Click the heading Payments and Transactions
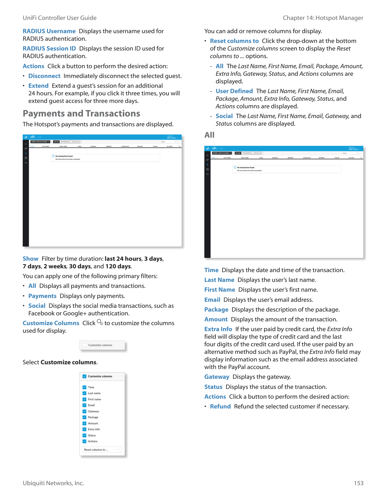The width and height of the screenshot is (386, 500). point(81,114)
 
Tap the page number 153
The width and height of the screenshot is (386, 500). point(358,483)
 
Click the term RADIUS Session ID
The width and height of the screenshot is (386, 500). point(49,49)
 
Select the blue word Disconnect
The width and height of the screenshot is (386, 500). point(44,76)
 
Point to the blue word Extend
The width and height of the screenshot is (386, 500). point(38,86)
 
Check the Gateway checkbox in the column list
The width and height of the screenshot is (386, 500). point(85,411)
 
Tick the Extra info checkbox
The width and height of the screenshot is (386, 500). point(85,429)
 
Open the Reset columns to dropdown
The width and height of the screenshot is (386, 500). point(102,450)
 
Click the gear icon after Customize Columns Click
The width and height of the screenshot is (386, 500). point(100,322)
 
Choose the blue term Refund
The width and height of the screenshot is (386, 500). point(220,407)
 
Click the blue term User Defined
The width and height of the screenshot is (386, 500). point(234,91)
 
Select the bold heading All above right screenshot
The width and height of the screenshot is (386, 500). point(209,135)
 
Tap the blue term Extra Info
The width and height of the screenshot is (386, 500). point(218,329)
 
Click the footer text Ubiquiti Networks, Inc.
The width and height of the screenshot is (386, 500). point(53,483)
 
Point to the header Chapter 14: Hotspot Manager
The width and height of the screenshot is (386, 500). point(323,18)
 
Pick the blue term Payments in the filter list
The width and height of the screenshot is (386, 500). point(42,296)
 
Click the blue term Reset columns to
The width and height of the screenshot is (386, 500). point(234,41)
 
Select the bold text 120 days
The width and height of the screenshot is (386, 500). point(118,266)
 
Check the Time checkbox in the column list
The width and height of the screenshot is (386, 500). point(85,387)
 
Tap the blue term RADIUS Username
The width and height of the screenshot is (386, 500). point(49,31)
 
